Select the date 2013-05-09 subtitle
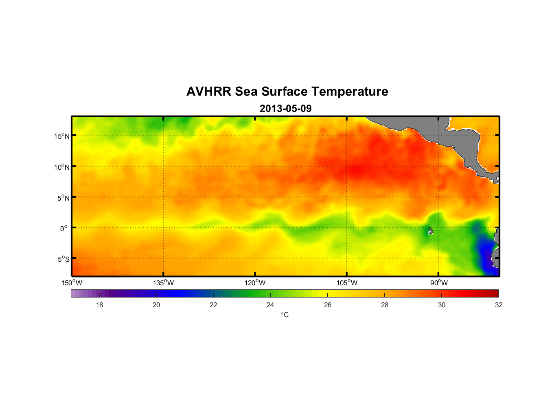(x=285, y=109)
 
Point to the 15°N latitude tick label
(x=61, y=136)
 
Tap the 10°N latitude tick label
(x=61, y=167)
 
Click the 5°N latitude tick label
(x=63, y=198)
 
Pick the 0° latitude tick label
(x=64, y=229)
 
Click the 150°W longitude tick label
(x=72, y=283)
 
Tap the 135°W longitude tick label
(x=163, y=283)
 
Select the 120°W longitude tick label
(x=255, y=283)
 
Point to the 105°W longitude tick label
(x=347, y=283)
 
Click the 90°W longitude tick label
(x=439, y=283)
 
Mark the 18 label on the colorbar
(x=99, y=305)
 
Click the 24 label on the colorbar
(x=270, y=305)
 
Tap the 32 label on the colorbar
(x=499, y=305)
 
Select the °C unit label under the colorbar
(x=285, y=315)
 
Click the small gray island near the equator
(x=431, y=231)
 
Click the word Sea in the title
(x=246, y=92)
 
